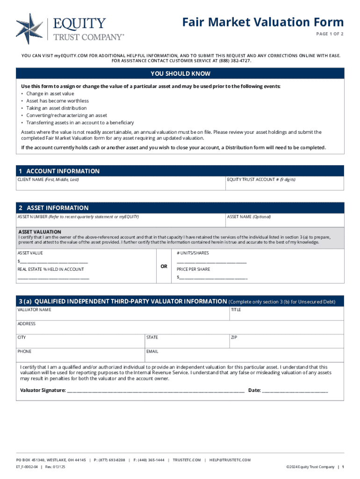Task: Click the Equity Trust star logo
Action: [29, 29]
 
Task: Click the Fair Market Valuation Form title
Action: [263, 22]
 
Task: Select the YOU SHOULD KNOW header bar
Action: [180, 73]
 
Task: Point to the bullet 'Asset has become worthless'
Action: [58, 101]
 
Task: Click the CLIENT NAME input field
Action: [121, 185]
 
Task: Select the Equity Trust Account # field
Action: [284, 185]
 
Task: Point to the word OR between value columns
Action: [164, 266]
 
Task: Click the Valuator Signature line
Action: [156, 391]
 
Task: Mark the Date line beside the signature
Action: [295, 391]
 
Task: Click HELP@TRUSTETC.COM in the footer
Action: [230, 460]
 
